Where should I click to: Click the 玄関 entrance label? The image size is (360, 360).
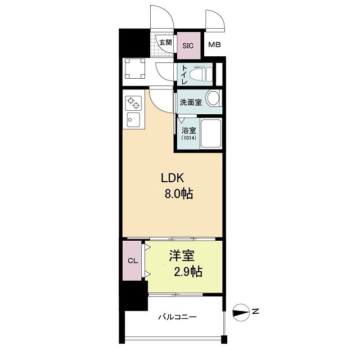coord(165,43)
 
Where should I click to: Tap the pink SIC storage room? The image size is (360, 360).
coord(189,46)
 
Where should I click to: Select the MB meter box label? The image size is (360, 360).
coord(214,44)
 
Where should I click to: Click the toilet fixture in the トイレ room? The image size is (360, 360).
coord(204,74)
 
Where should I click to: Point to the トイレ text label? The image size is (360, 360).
coord(184,74)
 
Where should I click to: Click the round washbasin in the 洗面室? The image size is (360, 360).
coord(213,98)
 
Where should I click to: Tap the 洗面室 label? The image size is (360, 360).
coord(191,102)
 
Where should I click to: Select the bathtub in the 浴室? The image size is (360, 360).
coord(211,134)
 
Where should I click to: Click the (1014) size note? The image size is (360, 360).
coord(189,138)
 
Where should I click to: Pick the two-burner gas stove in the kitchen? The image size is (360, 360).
coord(133,103)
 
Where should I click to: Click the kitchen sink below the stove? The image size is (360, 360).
coord(133,120)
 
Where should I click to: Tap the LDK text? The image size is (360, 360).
coord(173,178)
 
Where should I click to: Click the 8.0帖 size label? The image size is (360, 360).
coord(179,193)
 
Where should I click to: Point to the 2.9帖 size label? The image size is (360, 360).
coord(188,272)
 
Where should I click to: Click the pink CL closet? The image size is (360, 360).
coord(132,260)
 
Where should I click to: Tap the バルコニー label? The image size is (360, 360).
coord(178,317)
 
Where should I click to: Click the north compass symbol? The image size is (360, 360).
coord(241,313)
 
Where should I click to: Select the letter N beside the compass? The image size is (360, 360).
coord(255,312)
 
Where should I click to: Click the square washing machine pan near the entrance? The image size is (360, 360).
coord(135,69)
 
